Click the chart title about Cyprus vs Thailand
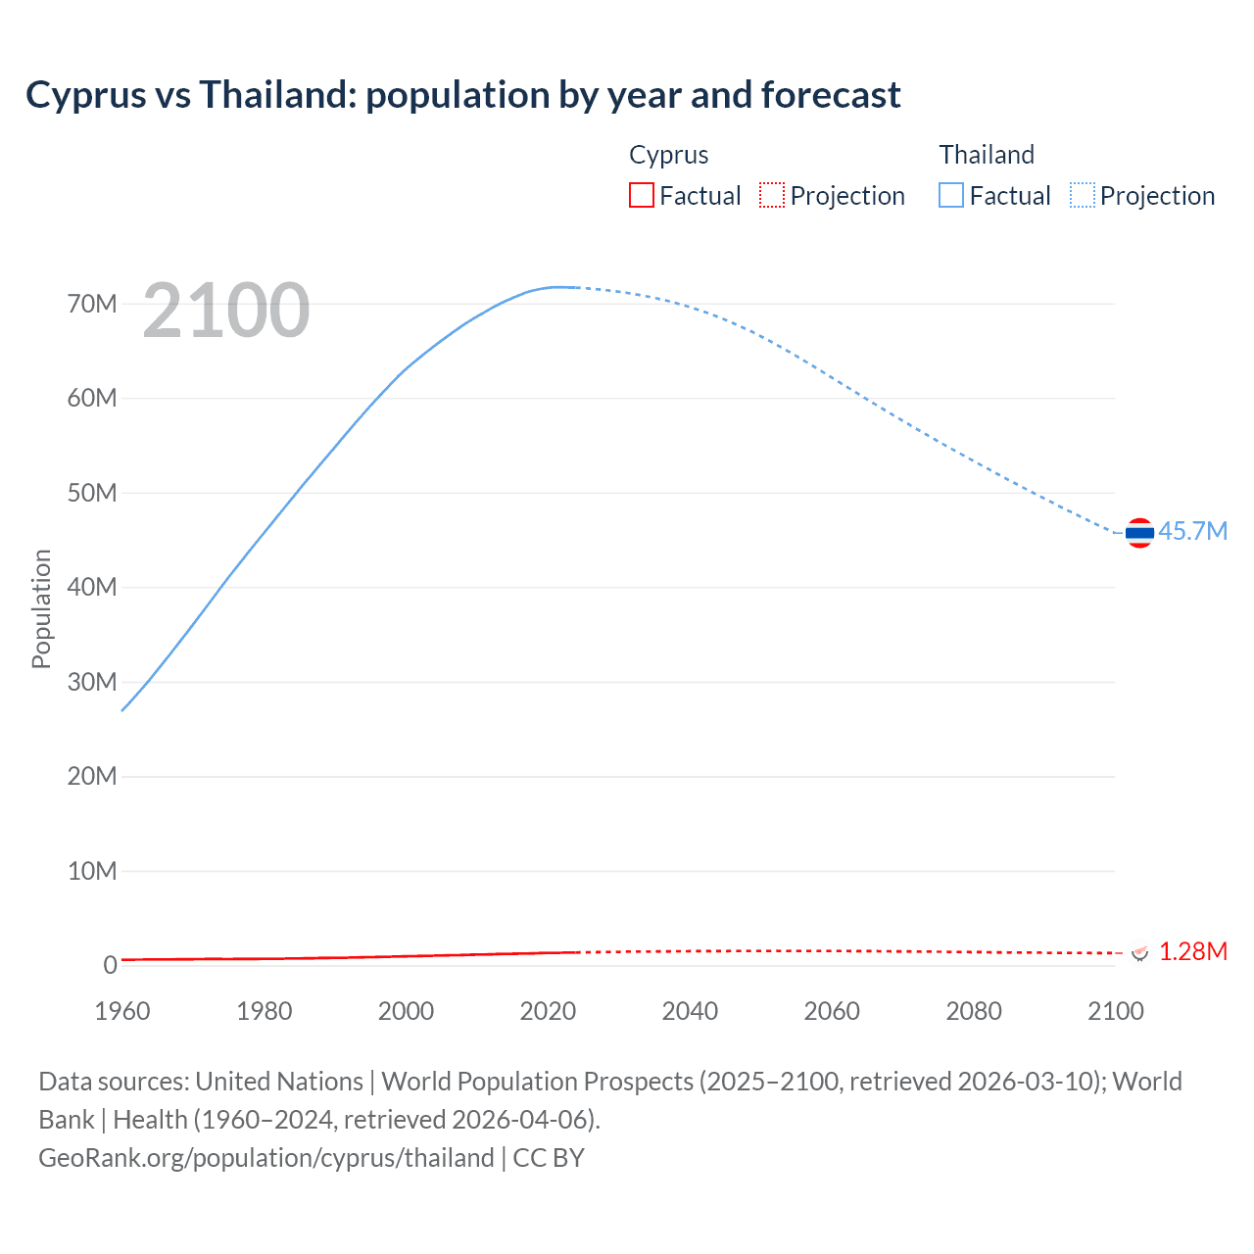click(462, 95)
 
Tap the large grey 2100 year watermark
click(226, 311)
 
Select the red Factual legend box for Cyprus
click(641, 196)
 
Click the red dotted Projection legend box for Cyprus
click(772, 196)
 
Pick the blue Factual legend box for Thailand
click(950, 196)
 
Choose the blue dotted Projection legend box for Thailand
click(1083, 196)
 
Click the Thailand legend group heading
click(987, 155)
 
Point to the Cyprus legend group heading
click(668, 155)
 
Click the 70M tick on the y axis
click(92, 304)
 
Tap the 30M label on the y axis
click(92, 682)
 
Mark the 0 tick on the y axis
click(110, 965)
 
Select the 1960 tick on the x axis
click(122, 1011)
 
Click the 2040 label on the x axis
click(690, 1011)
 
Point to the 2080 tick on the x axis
click(974, 1011)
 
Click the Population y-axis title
click(41, 608)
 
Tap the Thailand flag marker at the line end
click(1139, 533)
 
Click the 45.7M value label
click(1192, 531)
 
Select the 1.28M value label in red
click(1192, 951)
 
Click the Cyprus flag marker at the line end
click(1138, 952)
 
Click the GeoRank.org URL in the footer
click(266, 1157)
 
